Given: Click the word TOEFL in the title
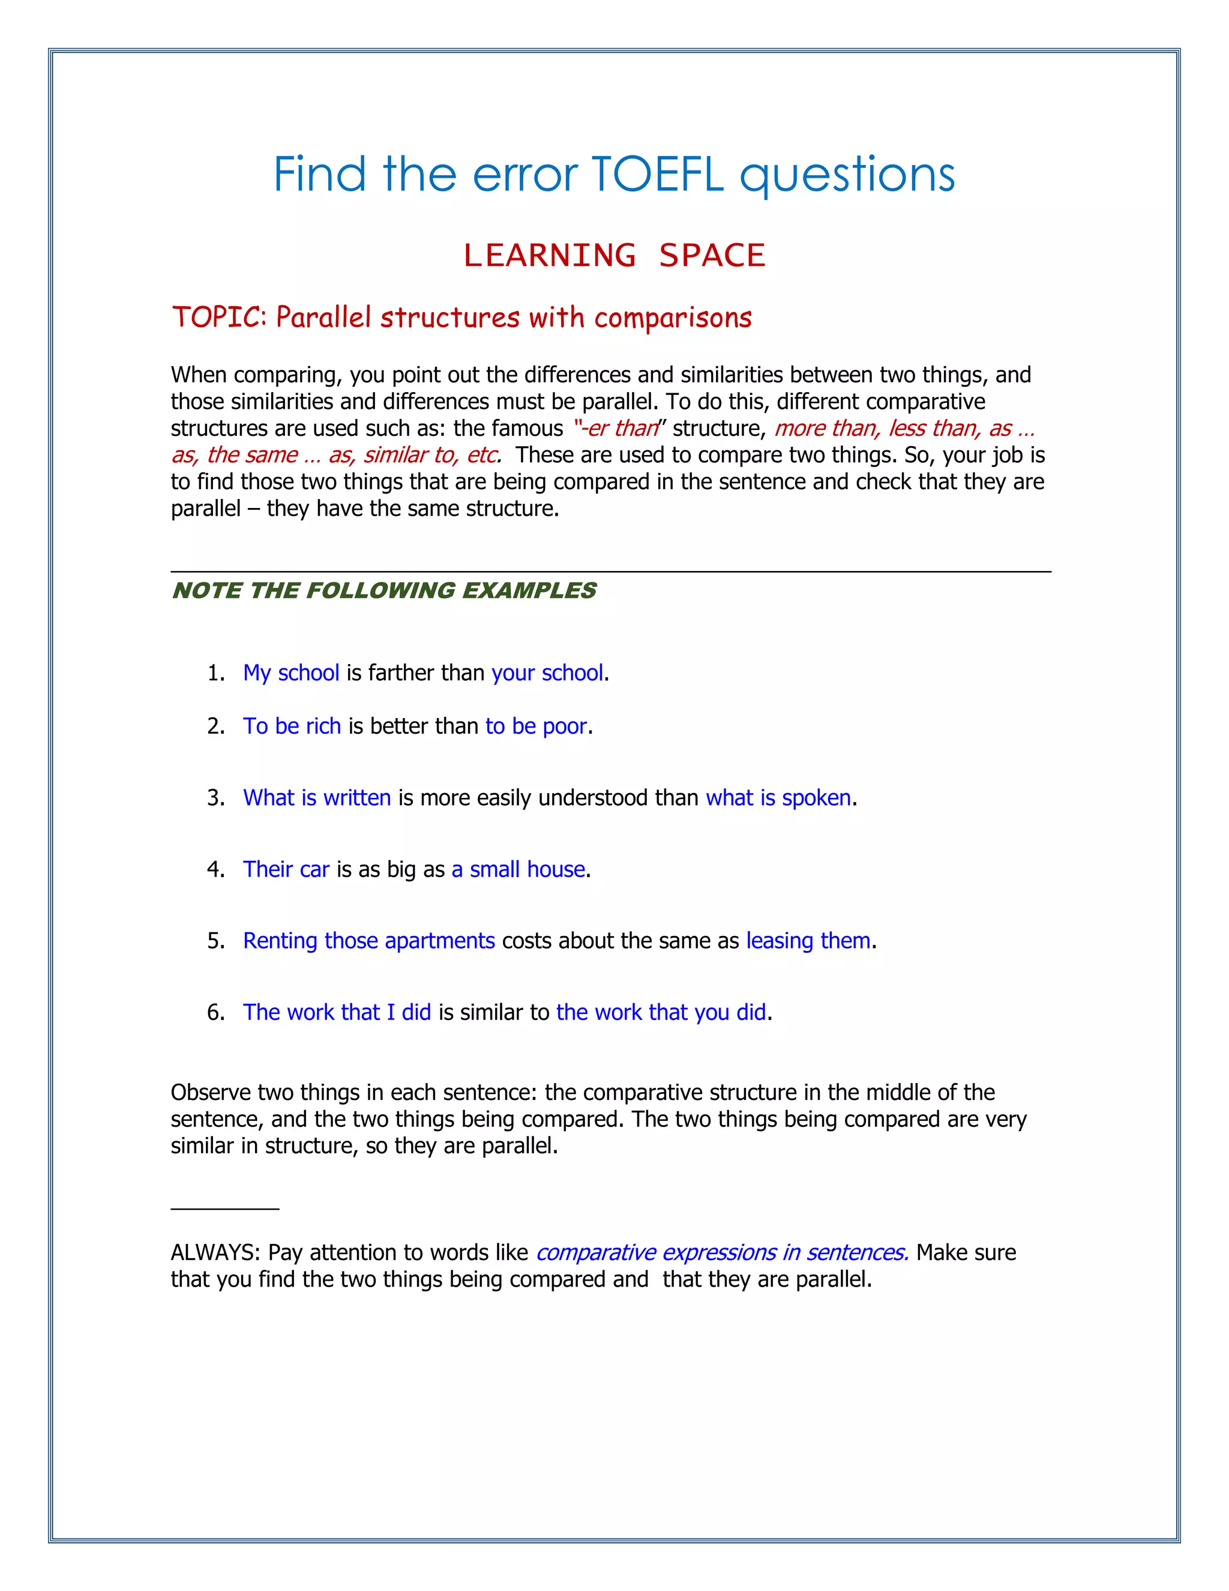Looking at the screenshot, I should point(658,175).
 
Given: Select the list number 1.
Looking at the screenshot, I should point(215,673).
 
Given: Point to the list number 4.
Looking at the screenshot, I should point(215,869).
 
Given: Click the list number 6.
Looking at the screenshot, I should point(215,1013).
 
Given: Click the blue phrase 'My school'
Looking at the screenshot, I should point(291,673).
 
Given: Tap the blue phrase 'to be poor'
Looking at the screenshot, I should point(536,726).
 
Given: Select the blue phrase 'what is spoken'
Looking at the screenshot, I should point(778,798).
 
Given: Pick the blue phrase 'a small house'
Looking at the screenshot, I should point(518,869).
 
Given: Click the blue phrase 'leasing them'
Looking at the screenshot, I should point(808,941).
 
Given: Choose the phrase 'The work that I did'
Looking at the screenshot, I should point(337,1013).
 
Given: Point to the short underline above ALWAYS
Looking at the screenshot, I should point(225,1209).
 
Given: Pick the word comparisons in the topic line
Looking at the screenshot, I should point(673,318).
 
